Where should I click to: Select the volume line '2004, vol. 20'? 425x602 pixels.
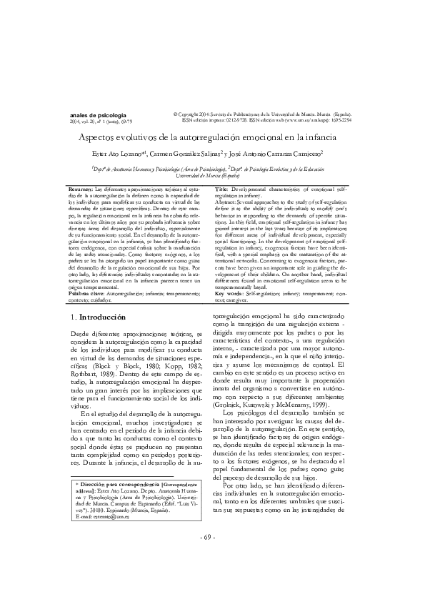[84, 122]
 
